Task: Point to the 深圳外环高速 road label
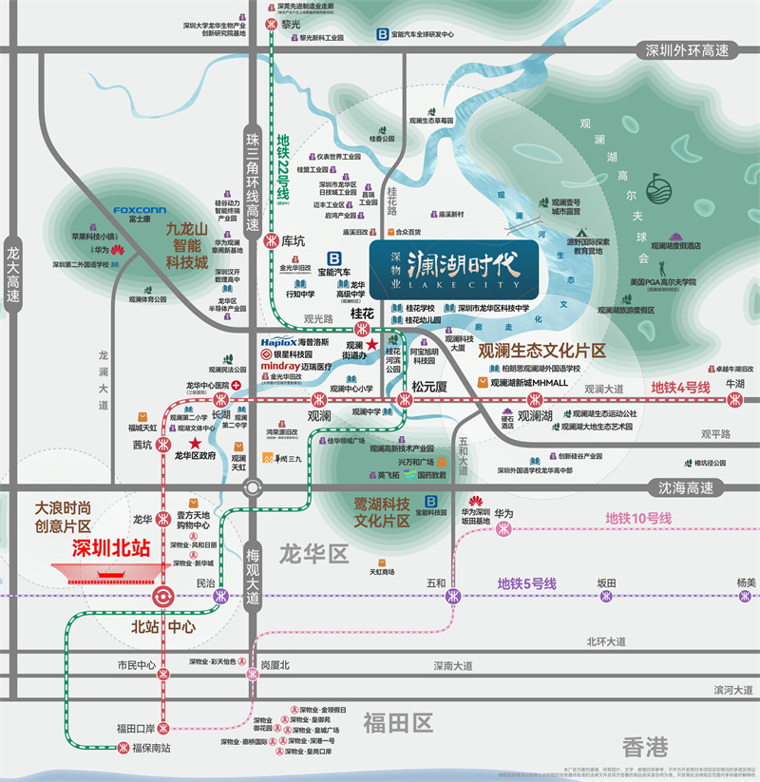[687, 51]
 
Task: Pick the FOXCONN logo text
[140, 210]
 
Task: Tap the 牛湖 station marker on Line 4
[734, 398]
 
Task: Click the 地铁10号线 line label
[638, 518]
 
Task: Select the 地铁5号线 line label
[527, 583]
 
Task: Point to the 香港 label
[645, 746]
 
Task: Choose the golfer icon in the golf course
[656, 187]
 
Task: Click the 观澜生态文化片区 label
[541, 351]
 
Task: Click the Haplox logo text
[279, 341]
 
